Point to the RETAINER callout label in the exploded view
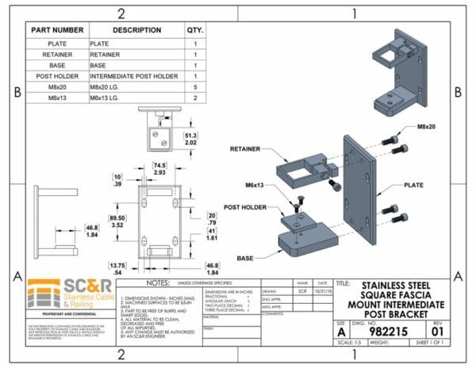coord(247,148)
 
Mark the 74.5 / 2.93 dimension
coord(159,167)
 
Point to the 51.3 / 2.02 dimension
coord(190,140)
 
